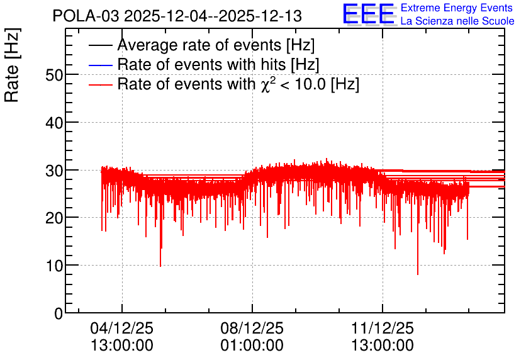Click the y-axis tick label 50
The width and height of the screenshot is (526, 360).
54,75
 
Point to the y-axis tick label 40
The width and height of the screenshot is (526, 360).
54,123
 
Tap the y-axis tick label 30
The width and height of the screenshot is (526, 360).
54,171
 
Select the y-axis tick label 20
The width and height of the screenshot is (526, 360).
54,218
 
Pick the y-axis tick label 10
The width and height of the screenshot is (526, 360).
54,266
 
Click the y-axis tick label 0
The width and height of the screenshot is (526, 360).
59,314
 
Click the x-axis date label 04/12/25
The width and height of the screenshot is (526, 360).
122,328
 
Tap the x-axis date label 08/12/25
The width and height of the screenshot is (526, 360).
252,328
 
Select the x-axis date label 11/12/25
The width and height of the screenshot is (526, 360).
383,328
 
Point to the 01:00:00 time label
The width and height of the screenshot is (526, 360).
252,346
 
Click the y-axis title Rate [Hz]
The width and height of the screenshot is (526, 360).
12,65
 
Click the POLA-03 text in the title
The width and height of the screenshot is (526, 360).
86,16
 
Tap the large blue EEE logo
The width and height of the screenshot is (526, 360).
369,14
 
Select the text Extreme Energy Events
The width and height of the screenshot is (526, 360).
457,8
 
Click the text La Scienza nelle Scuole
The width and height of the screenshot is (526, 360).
457,21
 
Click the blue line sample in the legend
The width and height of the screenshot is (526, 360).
101,65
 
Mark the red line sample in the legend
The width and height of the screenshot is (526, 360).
101,85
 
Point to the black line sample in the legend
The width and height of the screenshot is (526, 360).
101,45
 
